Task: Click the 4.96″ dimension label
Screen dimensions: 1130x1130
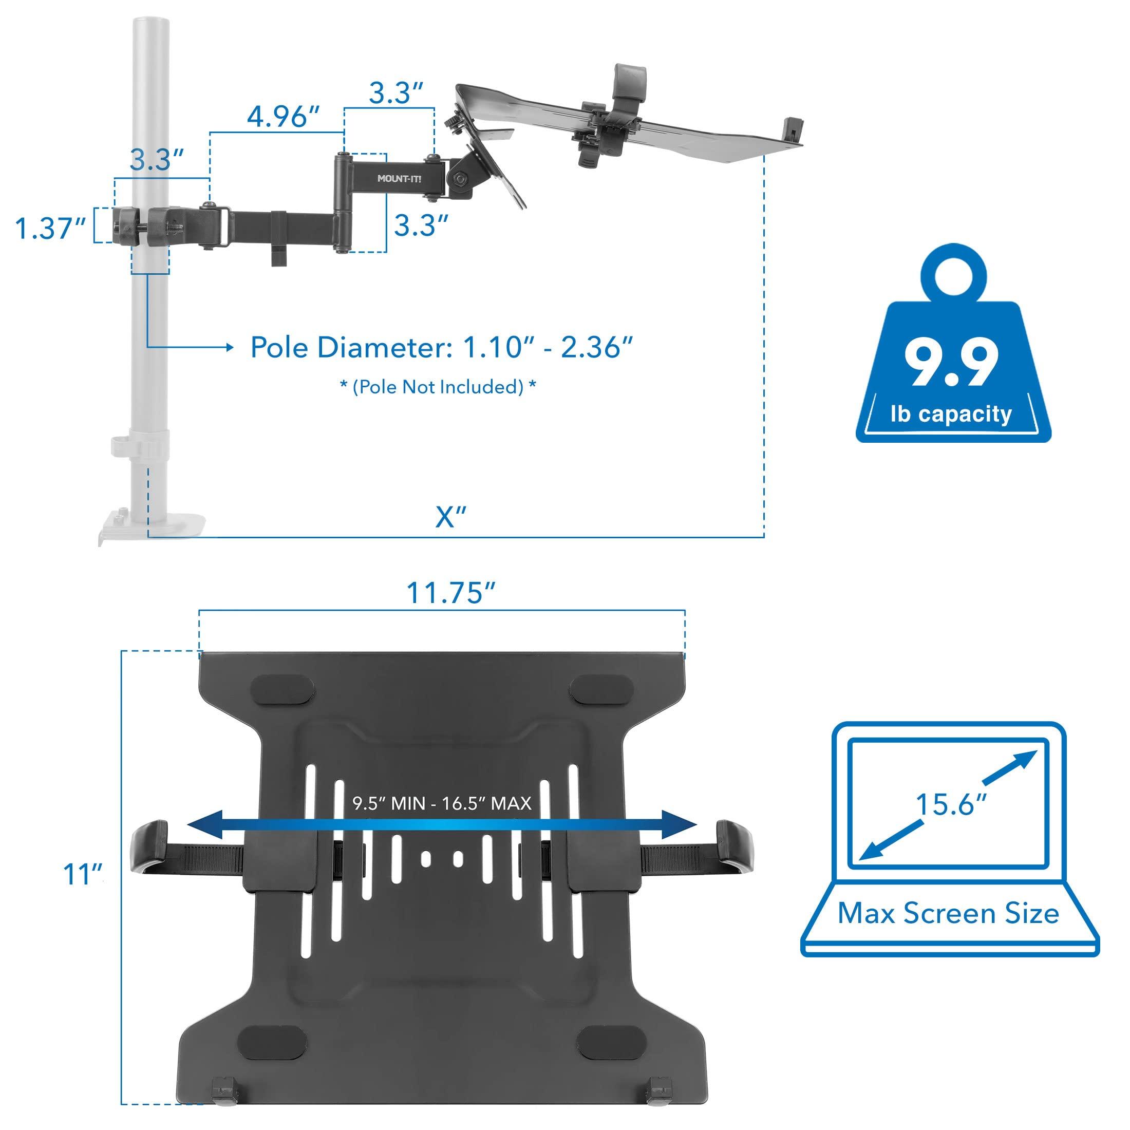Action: coord(283,117)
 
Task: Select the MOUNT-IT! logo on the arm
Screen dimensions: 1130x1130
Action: coord(399,178)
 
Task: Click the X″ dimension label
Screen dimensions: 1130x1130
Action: coord(450,517)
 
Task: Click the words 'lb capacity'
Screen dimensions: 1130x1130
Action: coord(951,413)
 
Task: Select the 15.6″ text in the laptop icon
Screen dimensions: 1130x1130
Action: coord(950,805)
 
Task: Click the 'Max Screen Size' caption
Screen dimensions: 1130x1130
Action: coord(948,914)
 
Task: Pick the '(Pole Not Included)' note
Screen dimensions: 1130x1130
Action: coord(438,387)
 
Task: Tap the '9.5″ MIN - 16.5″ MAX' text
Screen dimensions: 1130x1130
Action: coord(442,803)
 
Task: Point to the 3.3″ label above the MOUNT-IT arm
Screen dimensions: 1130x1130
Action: coord(396,92)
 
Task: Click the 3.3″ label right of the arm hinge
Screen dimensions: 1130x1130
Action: coord(421,225)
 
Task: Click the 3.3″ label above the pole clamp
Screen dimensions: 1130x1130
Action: coord(157,160)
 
